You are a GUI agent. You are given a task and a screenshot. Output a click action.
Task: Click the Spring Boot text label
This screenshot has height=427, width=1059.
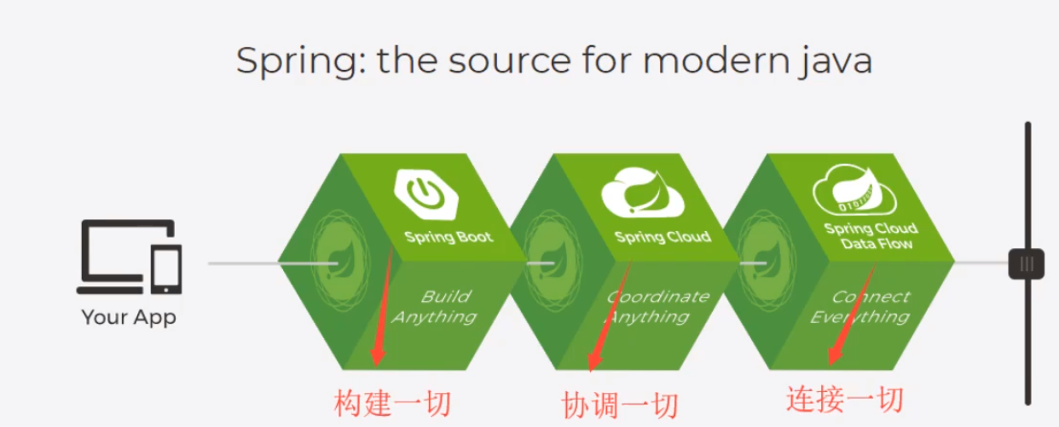[x=448, y=236]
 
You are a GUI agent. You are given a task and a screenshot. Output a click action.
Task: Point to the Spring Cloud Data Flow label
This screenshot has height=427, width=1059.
[x=870, y=236]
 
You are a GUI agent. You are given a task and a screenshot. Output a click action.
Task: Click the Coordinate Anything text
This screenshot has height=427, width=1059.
[x=650, y=307]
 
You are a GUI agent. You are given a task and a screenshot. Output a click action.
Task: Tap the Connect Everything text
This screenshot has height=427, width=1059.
[x=861, y=307]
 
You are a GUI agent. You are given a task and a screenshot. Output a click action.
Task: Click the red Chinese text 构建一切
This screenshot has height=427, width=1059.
[x=392, y=403]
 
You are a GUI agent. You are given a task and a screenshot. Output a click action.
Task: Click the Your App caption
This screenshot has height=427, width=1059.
[x=129, y=318]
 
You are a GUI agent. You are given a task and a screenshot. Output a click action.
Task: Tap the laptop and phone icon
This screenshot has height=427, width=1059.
[x=130, y=257]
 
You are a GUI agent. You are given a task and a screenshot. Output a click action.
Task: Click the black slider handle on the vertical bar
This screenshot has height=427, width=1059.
[x=1027, y=263]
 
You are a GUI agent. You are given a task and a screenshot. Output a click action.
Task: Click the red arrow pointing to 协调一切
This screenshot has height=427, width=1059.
[x=608, y=315]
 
